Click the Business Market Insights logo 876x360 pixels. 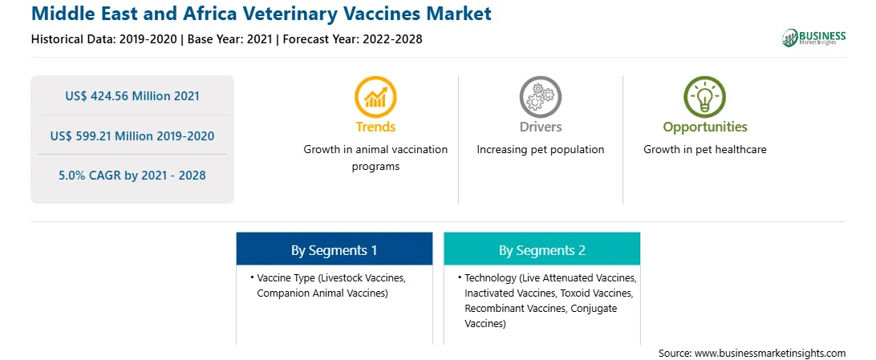pos(813,38)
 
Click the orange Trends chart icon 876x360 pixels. pos(375,96)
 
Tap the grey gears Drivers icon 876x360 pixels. pos(540,96)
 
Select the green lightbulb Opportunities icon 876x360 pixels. pos(704,96)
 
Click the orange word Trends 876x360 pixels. pos(375,127)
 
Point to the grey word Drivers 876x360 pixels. pos(540,127)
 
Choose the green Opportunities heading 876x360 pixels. pos(705,127)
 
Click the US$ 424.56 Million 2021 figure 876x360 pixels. pos(132,96)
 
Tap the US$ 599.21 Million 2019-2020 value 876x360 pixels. pos(132,136)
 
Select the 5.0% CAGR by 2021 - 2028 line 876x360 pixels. pos(132,176)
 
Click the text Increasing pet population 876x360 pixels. pos(540,150)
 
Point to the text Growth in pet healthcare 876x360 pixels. pos(705,150)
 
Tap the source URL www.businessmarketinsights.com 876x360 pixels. pos(770,353)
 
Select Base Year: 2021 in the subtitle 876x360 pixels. pos(230,39)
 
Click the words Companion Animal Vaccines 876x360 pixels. pos(322,293)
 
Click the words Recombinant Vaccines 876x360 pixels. pos(513,308)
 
